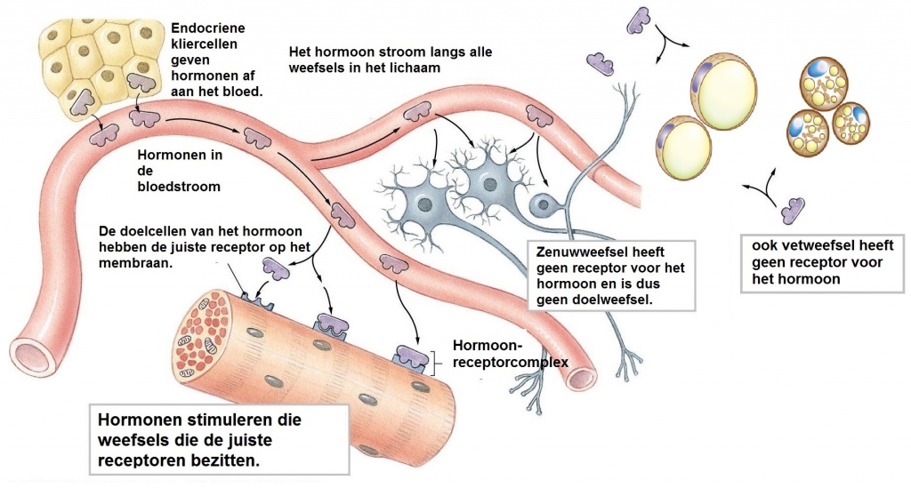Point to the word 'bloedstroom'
[x=180, y=187]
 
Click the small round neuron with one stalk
[x=541, y=205]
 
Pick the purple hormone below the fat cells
[x=793, y=210]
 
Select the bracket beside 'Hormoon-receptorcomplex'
[x=436, y=359]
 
